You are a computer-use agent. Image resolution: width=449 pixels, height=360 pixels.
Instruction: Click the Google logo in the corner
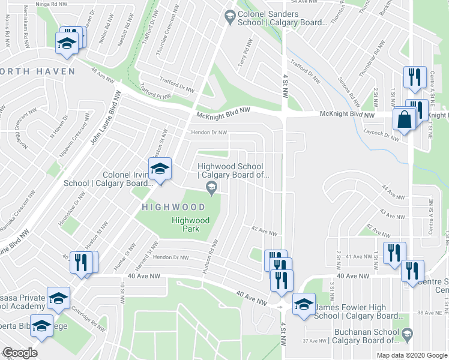pyautogui.click(x=20, y=353)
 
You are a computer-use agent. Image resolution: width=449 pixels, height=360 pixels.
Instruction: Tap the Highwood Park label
pyautogui.click(x=190, y=224)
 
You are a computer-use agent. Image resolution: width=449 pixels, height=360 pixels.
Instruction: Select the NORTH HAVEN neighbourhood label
pyautogui.click(x=37, y=71)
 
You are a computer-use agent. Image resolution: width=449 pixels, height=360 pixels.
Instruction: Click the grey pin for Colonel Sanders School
pyautogui.click(x=229, y=18)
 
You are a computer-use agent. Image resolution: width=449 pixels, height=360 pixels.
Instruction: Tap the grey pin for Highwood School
pyautogui.click(x=211, y=189)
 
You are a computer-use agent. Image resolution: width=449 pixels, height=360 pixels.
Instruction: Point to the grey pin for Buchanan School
pyautogui.click(x=408, y=333)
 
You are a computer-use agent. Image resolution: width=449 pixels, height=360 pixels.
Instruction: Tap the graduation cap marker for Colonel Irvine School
pyautogui.click(x=160, y=170)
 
